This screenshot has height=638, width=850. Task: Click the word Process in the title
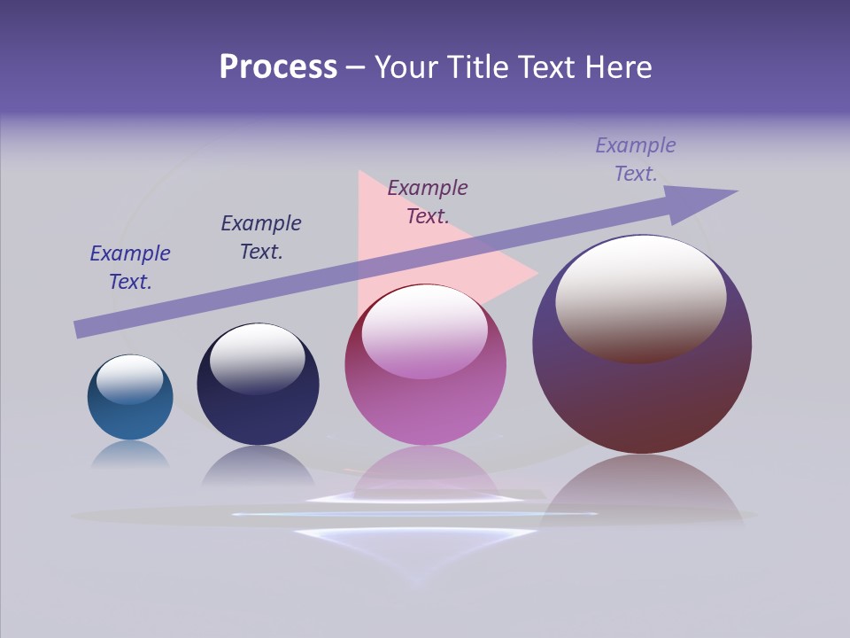(x=278, y=67)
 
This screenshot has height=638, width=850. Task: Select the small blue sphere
(x=130, y=416)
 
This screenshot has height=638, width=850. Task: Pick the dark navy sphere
(x=258, y=412)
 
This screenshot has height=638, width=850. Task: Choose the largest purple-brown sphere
(x=642, y=399)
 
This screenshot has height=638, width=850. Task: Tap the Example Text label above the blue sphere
(x=130, y=268)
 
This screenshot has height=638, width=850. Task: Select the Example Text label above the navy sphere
(x=261, y=237)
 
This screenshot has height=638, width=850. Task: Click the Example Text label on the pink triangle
(x=428, y=202)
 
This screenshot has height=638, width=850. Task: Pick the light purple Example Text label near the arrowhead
(x=636, y=159)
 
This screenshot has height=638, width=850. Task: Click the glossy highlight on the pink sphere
(x=424, y=331)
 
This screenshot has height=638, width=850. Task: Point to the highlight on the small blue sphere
(x=130, y=379)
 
